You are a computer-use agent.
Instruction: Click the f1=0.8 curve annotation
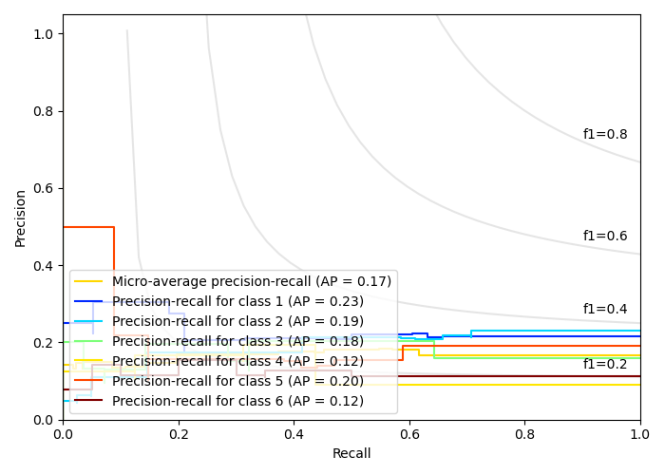click(605, 135)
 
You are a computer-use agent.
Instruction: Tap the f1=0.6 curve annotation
click(605, 237)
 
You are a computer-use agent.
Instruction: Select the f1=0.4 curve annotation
click(605, 309)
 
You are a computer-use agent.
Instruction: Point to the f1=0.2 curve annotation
click(605, 365)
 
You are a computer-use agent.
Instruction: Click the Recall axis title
click(351, 454)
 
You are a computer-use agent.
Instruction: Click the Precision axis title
click(21, 218)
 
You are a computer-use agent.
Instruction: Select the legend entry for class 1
click(237, 301)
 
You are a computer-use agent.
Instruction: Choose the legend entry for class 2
click(237, 321)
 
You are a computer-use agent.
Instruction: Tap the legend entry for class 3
click(237, 341)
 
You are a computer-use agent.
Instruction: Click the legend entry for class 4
click(237, 361)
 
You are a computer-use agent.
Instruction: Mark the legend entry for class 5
click(237, 381)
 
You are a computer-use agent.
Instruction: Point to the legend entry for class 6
click(237, 401)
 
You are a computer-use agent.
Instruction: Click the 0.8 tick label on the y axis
click(44, 111)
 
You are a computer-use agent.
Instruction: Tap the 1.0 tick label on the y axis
click(44, 34)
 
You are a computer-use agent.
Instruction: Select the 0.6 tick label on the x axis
click(409, 433)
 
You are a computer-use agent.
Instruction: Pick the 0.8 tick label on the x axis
click(524, 433)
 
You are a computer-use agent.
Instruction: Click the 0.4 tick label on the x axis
click(294, 433)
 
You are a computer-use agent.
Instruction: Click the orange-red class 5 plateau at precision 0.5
click(87, 227)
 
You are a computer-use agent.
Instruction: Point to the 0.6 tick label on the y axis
click(44, 188)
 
